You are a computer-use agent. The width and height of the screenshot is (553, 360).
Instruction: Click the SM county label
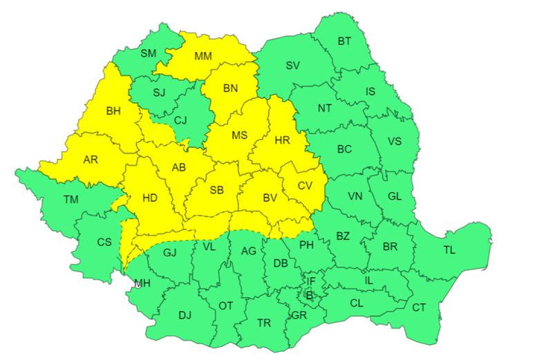click(x=149, y=53)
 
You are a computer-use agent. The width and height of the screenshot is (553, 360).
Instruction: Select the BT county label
click(x=344, y=41)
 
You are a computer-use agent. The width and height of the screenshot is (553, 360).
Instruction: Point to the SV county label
click(x=292, y=66)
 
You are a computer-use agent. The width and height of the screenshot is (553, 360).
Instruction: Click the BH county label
click(x=113, y=110)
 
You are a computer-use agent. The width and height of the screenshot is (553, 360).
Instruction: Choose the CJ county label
click(x=180, y=120)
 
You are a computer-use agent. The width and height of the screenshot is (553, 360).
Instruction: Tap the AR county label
click(x=91, y=160)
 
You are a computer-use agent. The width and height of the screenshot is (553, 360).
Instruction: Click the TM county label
click(x=71, y=199)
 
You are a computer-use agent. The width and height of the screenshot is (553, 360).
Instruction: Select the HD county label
click(x=150, y=198)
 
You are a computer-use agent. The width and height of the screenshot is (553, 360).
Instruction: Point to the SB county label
click(x=216, y=190)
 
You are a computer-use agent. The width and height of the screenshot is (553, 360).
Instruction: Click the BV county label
click(x=270, y=198)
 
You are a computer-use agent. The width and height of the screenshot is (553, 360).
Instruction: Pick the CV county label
click(x=305, y=185)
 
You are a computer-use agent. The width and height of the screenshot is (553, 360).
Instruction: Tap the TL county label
click(x=449, y=250)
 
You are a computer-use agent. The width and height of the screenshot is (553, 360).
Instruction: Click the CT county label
click(x=419, y=307)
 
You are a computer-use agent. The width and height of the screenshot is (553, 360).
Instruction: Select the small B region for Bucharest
click(x=310, y=296)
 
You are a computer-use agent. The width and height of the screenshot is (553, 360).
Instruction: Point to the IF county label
click(x=311, y=281)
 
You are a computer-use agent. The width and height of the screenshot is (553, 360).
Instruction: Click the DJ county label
click(x=185, y=315)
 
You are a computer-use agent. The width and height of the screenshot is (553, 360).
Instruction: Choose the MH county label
click(x=142, y=283)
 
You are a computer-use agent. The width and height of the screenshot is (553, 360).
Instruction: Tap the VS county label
click(x=394, y=141)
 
